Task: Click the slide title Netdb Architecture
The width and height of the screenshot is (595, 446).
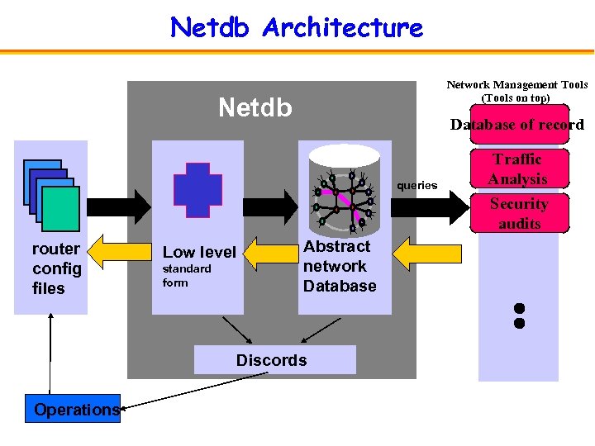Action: pos(296,27)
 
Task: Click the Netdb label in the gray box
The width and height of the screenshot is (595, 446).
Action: pos(255,107)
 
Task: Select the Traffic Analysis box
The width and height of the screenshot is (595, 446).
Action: pos(517,169)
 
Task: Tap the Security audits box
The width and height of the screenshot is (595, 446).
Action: pos(518,213)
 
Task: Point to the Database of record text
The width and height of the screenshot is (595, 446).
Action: pos(516,125)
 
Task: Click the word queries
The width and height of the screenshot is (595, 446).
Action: pos(417,185)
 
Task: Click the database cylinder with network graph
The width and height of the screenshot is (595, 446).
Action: pos(343,190)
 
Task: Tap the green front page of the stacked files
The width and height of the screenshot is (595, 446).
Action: pos(60,208)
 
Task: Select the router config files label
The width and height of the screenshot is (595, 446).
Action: pos(56,268)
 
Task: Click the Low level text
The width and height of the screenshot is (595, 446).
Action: pos(199,252)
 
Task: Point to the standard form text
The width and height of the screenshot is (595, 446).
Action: pos(187,276)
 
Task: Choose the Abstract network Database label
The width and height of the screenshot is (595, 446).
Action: pos(339,266)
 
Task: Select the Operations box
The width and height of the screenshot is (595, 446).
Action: pos(76,410)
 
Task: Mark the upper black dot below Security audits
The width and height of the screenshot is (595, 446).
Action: pos(519,309)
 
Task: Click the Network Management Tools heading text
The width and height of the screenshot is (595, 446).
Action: pos(517,91)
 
